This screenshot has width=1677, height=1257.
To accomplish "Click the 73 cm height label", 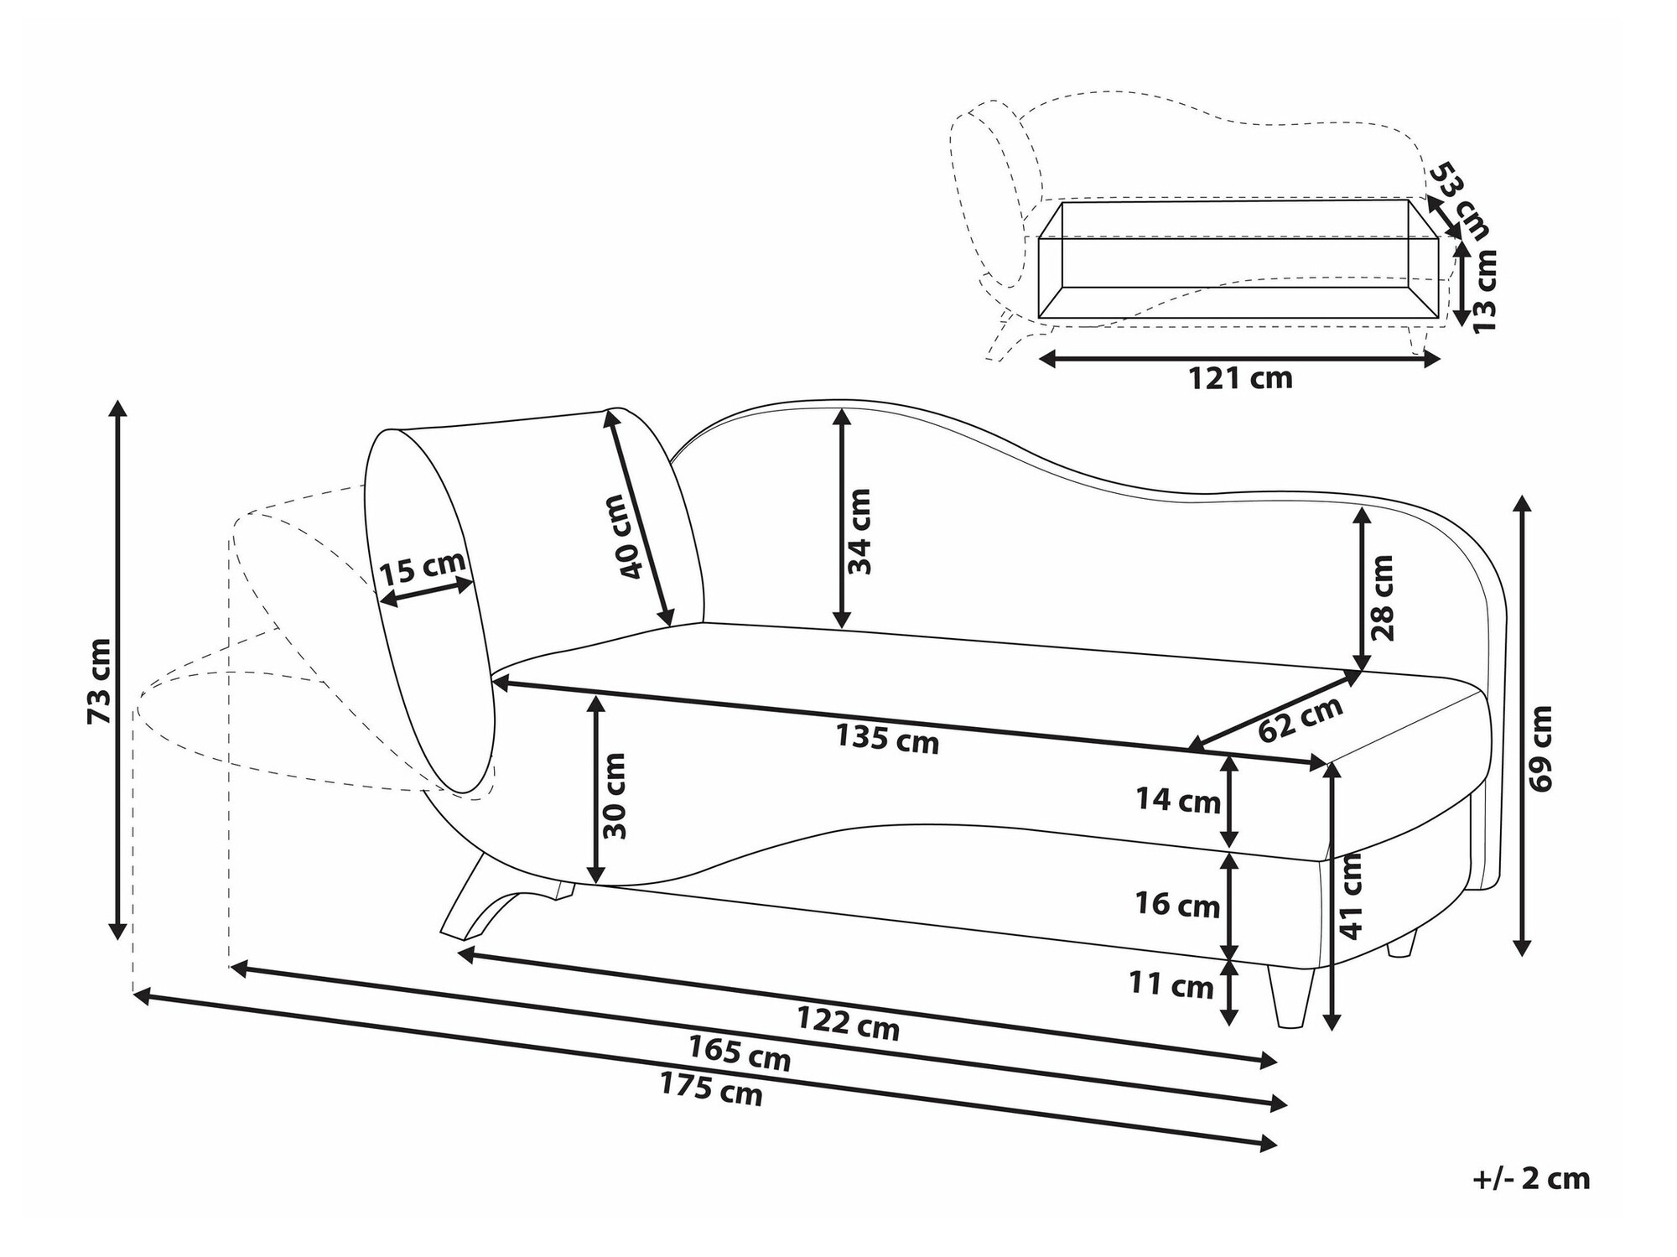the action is click(99, 681).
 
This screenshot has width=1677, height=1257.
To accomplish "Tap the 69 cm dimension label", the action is click(1541, 748).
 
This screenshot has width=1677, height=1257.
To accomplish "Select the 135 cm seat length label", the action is click(886, 739).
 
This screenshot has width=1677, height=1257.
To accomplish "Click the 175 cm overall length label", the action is click(711, 1089).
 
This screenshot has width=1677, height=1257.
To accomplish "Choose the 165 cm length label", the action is click(740, 1053).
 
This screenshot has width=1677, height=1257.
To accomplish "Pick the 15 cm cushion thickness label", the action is click(422, 569).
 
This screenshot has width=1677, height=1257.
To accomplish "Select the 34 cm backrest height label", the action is click(860, 531).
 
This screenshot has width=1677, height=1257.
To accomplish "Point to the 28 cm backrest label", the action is click(1382, 597).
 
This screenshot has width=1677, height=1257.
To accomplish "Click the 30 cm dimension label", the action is click(615, 796).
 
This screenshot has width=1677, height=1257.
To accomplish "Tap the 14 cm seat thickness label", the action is click(1178, 800).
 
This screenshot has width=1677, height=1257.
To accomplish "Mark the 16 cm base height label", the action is click(1177, 905).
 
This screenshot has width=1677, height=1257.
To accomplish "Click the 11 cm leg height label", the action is click(1171, 984).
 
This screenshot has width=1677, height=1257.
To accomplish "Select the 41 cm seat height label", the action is click(1352, 896).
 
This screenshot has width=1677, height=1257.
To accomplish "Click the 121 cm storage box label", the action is click(1240, 378).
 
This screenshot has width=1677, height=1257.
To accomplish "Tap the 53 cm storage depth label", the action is click(1460, 200).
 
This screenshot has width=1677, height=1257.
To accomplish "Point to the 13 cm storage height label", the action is click(1485, 290).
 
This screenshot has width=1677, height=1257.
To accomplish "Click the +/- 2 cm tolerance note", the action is click(1531, 1178).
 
